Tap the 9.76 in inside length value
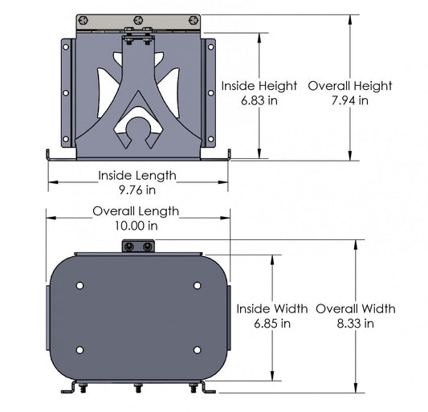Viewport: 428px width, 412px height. tap(137, 190)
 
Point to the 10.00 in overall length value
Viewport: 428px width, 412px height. tap(136, 226)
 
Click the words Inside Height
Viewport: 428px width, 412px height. tap(259, 86)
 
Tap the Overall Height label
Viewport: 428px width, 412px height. tap(349, 86)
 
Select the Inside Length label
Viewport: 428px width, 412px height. tap(137, 175)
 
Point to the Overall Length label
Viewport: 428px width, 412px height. tap(136, 211)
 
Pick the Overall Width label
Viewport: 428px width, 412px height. tap(355, 308)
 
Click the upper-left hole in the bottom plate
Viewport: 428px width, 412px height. tap(79, 286)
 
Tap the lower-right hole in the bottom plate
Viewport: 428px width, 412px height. tap(197, 349)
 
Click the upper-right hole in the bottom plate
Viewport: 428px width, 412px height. tap(197, 286)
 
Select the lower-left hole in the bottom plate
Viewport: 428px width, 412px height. tap(79, 349)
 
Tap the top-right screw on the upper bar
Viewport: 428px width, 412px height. tap(193, 20)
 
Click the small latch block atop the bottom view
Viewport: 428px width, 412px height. tap(137, 247)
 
